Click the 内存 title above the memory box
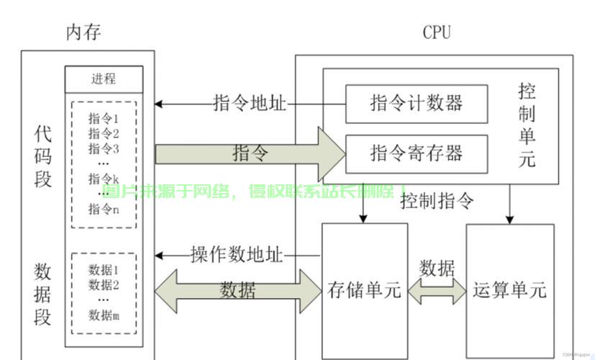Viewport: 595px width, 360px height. [84, 32]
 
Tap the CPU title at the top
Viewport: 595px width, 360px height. [437, 32]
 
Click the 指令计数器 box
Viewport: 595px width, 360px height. [416, 103]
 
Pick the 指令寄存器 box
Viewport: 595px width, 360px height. [416, 153]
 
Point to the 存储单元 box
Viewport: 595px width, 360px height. [363, 289]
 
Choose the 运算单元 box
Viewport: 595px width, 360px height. [509, 289]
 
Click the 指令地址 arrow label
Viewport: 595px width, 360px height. [250, 104]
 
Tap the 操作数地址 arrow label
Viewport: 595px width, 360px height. [237, 255]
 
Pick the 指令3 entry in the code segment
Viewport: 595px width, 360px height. [104, 149]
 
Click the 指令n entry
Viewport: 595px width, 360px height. [104, 210]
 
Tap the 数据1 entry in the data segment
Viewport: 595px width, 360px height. [104, 270]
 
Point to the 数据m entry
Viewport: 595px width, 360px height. [104, 315]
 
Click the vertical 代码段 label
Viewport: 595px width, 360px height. [43, 156]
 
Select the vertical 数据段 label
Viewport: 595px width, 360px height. [43, 294]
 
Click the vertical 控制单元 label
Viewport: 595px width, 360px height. [527, 125]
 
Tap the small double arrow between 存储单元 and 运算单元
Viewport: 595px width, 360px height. [437, 290]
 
